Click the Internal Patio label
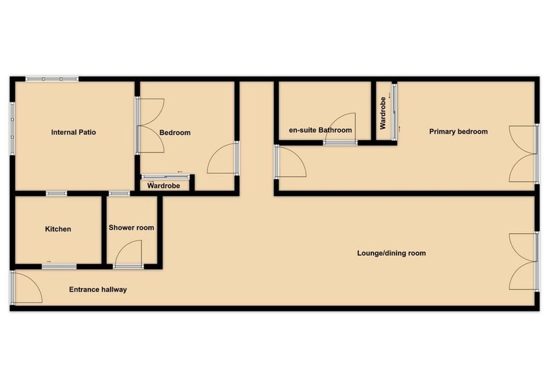tap(74, 132)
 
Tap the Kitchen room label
tap(58, 229)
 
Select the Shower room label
tap(131, 228)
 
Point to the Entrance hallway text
tap(98, 290)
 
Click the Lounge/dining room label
tap(391, 253)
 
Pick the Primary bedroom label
tap(458, 132)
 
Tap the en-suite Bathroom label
tap(320, 130)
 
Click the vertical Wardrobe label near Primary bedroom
tap(382, 113)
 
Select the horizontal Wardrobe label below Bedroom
tap(164, 186)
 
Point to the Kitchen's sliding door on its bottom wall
tap(59, 267)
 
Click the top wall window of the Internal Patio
tap(52, 79)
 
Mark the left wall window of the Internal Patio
tap(12, 128)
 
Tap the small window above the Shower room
tap(119, 194)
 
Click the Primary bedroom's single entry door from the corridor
tap(291, 162)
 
